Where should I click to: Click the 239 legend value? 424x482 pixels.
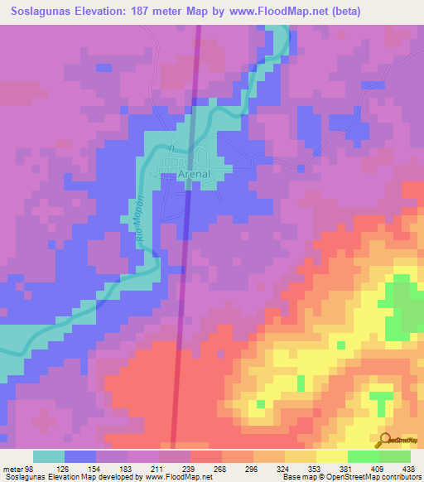(190, 468)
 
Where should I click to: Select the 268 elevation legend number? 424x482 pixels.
(221, 468)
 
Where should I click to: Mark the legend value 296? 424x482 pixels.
(253, 468)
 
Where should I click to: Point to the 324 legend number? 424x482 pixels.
(284, 468)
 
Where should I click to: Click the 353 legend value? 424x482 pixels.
(316, 468)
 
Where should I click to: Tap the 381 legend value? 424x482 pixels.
(347, 468)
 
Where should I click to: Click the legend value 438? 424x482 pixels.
(407, 468)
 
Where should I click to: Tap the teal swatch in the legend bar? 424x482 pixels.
(49, 456)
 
